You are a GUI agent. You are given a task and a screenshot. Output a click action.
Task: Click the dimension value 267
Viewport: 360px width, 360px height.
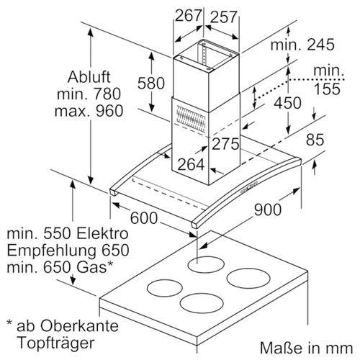[x=188, y=16]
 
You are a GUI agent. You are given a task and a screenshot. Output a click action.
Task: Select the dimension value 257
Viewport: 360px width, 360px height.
[x=224, y=17]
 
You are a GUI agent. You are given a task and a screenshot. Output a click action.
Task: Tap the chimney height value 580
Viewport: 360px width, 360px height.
[x=151, y=83]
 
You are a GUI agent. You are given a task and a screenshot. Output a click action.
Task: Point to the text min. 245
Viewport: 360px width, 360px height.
[x=302, y=45]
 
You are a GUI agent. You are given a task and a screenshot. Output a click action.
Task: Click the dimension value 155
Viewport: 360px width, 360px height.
[x=327, y=89]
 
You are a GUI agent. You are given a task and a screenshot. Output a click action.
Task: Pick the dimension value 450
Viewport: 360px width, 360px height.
[x=287, y=103]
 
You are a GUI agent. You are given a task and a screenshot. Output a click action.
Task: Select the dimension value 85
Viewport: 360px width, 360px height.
[x=315, y=140]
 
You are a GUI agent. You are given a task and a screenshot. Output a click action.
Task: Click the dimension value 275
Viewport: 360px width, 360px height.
[x=225, y=144]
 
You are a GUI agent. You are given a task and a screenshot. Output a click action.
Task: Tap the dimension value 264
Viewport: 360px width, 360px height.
[x=191, y=165]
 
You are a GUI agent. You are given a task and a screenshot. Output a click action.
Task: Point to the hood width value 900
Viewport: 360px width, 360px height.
[x=268, y=210]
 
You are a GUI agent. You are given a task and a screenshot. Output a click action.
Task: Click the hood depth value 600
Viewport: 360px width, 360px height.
[x=144, y=218]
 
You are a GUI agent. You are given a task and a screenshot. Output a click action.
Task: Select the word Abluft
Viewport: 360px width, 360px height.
[x=89, y=77]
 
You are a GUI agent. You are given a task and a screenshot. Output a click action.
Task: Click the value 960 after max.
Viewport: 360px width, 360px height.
[x=109, y=111]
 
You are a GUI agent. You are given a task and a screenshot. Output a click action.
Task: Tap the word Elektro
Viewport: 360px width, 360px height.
[x=102, y=233]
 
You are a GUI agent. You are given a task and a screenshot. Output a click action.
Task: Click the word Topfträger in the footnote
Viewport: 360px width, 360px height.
[x=56, y=343]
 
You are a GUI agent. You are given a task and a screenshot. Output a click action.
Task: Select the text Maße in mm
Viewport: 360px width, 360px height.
[x=306, y=348]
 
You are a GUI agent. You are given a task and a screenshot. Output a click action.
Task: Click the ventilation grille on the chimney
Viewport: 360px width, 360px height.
[x=191, y=120]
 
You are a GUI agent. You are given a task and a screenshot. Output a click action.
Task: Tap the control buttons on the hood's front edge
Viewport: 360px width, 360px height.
[x=248, y=187]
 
